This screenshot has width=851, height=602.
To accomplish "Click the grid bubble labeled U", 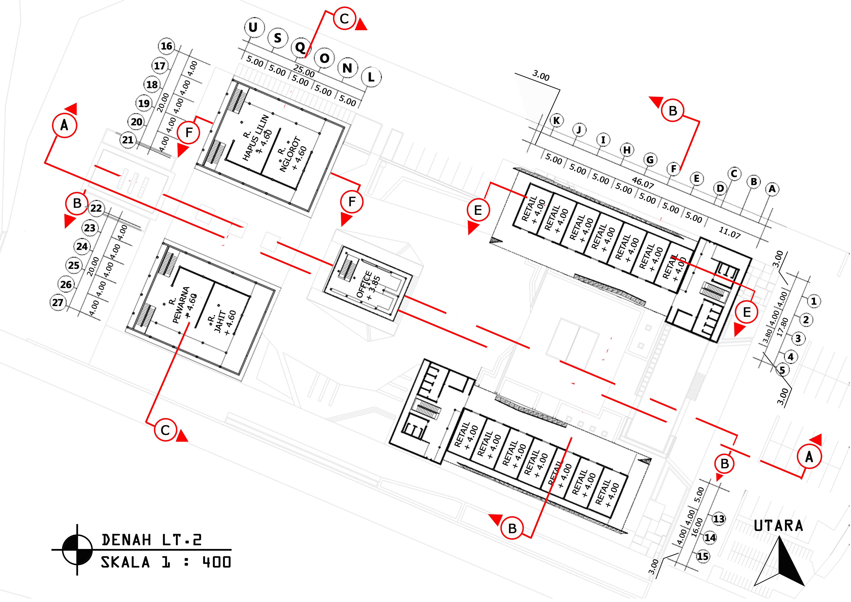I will pos(254,27).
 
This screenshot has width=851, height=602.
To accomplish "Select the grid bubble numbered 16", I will pos(166,46).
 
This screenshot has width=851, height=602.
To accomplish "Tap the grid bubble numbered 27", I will pos(57,303).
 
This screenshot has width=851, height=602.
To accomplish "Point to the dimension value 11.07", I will pos(729,232).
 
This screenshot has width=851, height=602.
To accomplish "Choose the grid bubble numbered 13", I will pos(719,519).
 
